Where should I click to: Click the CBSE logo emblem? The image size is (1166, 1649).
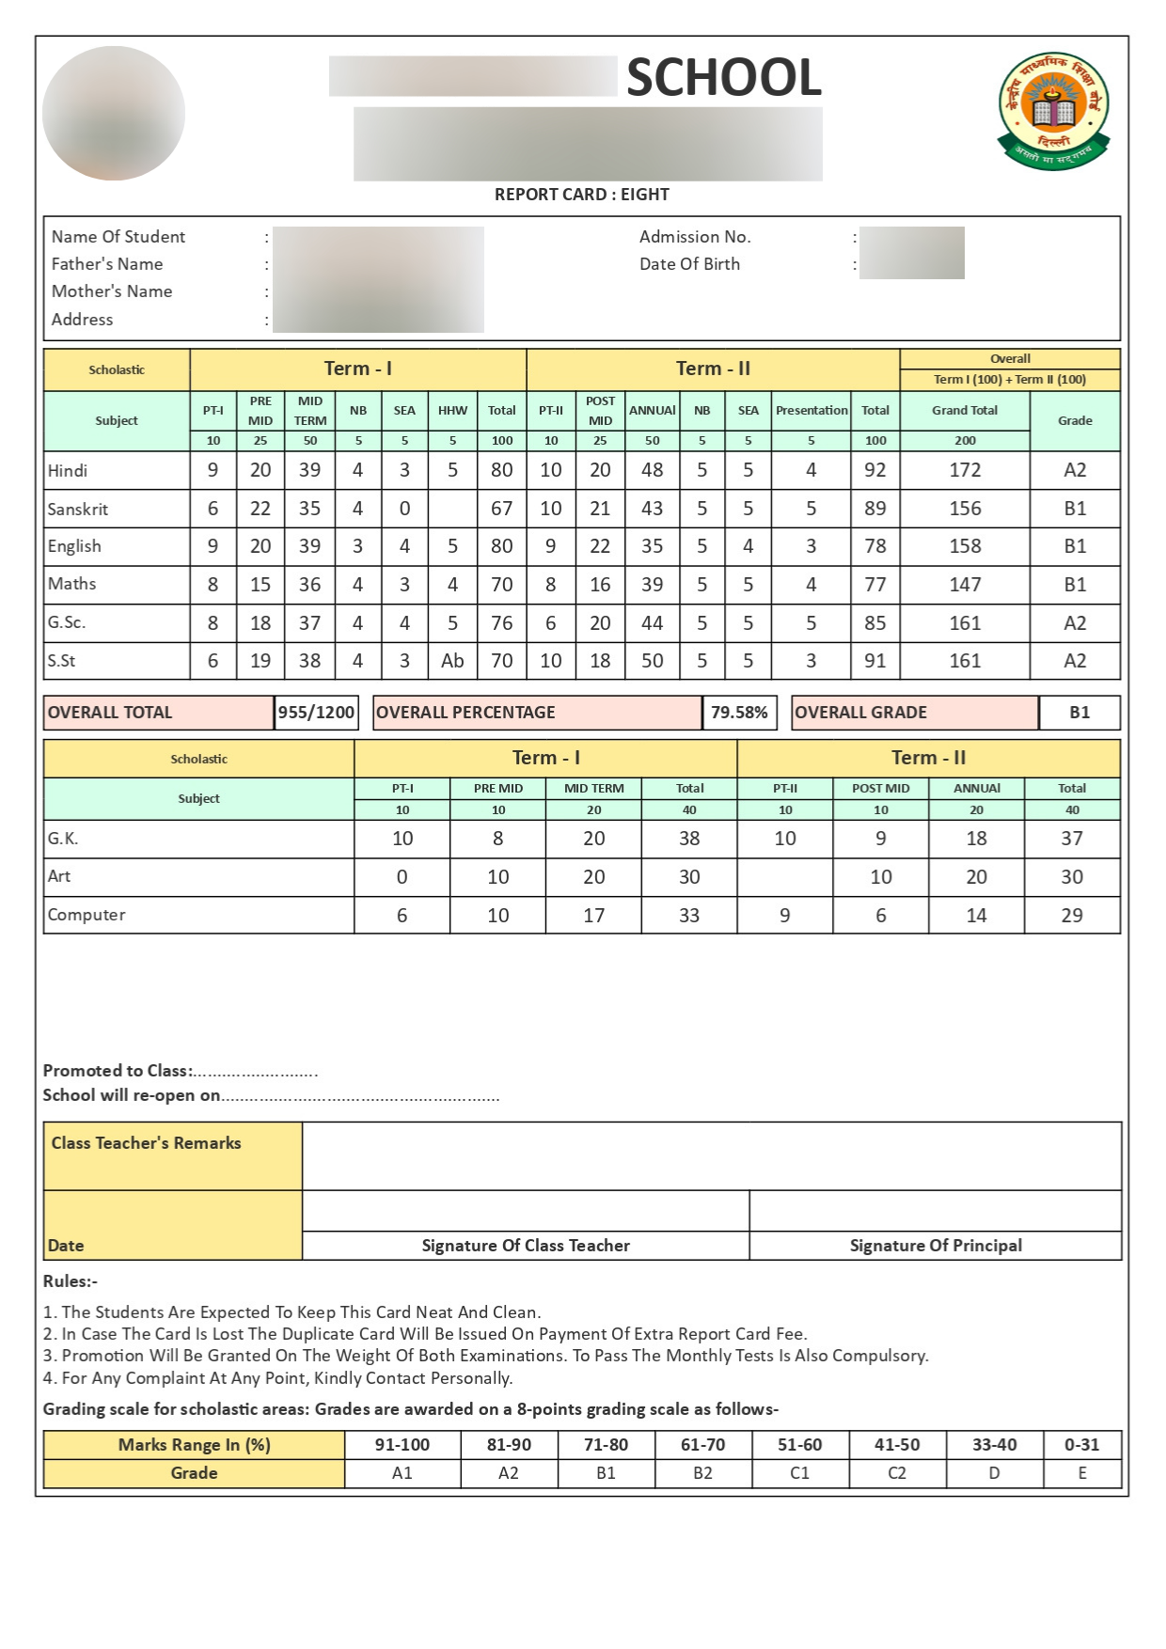pos(1053,111)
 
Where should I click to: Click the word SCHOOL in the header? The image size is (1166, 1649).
pos(724,77)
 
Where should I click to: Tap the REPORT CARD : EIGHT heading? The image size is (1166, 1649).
pos(581,195)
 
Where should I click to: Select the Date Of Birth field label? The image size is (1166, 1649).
pos(689,264)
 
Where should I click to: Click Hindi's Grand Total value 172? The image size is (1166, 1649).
pos(965,470)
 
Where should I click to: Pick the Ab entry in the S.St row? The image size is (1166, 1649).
pos(452,661)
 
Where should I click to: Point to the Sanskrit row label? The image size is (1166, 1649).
pos(78,510)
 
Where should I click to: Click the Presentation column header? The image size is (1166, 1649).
pos(811,411)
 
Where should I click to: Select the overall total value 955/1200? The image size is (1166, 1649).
pos(316,713)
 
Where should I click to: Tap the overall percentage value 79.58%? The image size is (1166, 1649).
pos(739,713)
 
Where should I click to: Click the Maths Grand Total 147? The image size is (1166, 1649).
pos(965,585)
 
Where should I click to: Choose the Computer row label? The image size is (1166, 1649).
pos(87,915)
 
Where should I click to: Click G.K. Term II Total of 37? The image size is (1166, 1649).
pos(1072,839)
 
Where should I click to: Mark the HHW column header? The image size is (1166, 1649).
pos(452,411)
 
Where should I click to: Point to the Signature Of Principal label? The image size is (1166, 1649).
pos(936,1246)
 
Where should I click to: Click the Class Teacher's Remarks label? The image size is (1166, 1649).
pos(146,1143)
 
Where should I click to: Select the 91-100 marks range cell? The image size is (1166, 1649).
pos(402,1445)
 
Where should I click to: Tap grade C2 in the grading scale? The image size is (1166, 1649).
pos(897,1473)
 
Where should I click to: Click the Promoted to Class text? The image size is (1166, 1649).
pos(118,1071)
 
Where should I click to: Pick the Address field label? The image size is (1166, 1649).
pos(82,320)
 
